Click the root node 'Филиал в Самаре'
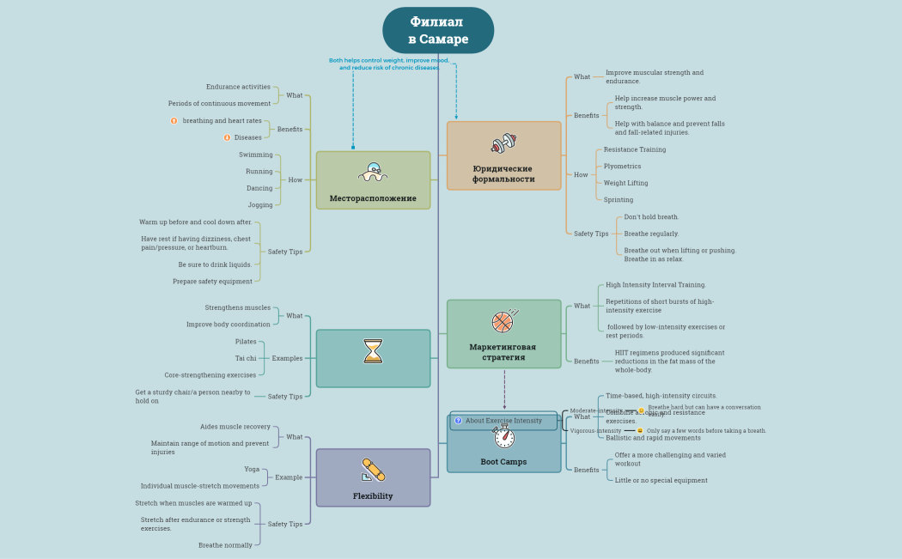(x=438, y=30)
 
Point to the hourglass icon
(x=373, y=351)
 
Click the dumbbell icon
(x=503, y=143)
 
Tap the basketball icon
(x=503, y=321)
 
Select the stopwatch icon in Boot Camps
(x=504, y=437)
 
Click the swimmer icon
(x=373, y=172)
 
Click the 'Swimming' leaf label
(x=256, y=155)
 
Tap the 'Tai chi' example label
(x=246, y=358)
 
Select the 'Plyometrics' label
(x=622, y=166)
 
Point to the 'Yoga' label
(x=252, y=469)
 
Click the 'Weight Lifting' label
(x=625, y=183)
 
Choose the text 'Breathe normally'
(x=225, y=544)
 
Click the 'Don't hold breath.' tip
(x=651, y=217)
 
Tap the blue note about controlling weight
(x=389, y=64)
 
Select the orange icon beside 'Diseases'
(x=227, y=137)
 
